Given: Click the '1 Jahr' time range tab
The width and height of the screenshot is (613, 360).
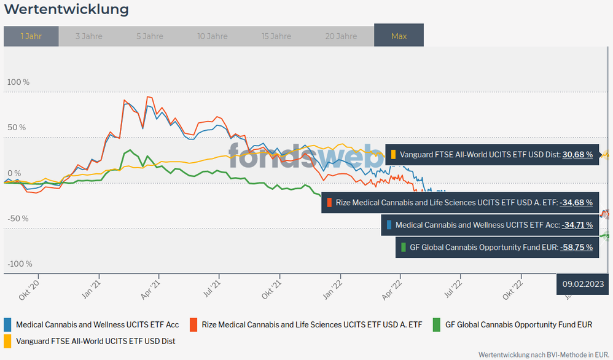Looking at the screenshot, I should click(31, 36).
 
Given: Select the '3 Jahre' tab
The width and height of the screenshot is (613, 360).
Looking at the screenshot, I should click(89, 36).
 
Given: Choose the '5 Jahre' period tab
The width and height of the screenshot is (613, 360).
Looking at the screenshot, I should click(150, 36).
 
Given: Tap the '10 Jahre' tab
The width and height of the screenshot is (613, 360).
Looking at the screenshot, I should click(213, 36).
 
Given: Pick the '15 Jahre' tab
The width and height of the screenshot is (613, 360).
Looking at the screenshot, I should click(276, 36).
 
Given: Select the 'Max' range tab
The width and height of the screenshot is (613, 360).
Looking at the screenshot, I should click(399, 36).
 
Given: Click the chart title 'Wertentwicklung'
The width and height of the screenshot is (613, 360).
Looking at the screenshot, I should click(66, 10).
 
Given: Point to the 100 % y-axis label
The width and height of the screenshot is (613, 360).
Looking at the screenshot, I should click(18, 82).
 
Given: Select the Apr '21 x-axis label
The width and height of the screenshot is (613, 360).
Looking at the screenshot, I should click(154, 288).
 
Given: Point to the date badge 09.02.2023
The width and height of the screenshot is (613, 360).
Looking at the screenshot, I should click(582, 284).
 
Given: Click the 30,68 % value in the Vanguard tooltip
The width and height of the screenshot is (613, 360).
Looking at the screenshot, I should click(577, 155).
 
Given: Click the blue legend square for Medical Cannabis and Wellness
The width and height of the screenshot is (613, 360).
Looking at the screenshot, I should click(8, 324).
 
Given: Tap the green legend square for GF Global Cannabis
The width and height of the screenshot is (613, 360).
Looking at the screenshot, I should click(437, 324).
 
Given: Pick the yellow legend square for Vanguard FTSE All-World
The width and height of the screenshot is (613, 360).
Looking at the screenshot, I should click(8, 340).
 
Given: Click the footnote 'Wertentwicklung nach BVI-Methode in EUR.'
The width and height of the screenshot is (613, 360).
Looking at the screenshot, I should click(544, 354).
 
